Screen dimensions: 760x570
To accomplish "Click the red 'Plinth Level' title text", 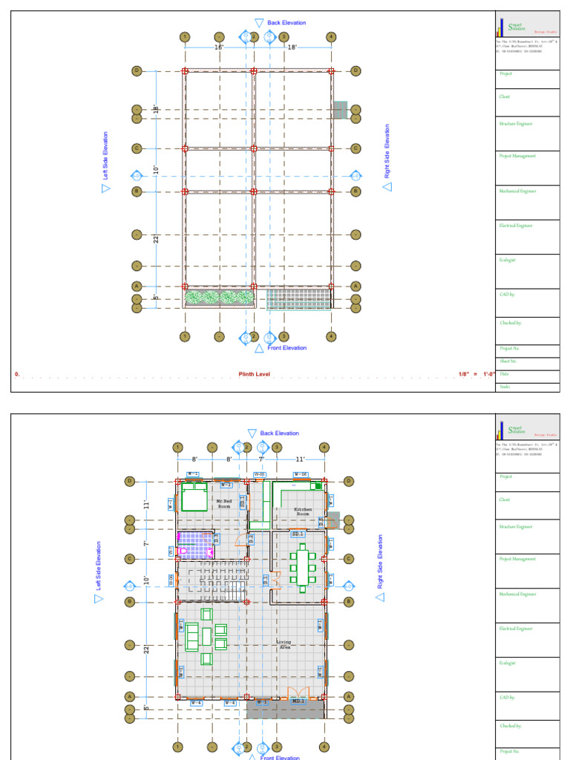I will (x=255, y=373).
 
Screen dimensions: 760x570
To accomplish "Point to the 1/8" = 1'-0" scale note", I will (x=476, y=373).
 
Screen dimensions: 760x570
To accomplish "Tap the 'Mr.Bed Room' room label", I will (x=225, y=503).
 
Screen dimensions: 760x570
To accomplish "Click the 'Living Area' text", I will (x=284, y=644).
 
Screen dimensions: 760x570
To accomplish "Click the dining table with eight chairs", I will (x=302, y=564).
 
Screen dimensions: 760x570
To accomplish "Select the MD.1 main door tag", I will (x=298, y=701).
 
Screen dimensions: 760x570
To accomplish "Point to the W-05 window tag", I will (x=260, y=474).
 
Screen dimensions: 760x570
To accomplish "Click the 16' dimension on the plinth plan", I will (x=219, y=47).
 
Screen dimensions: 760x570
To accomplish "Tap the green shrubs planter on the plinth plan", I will (x=220, y=298).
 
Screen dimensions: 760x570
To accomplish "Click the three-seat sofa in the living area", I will (x=192, y=636).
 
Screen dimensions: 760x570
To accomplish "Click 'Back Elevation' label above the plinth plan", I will (x=286, y=23).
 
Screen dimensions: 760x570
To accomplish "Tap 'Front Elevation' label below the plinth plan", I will (x=286, y=348).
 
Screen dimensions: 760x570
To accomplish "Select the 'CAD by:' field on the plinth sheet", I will (x=508, y=295).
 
